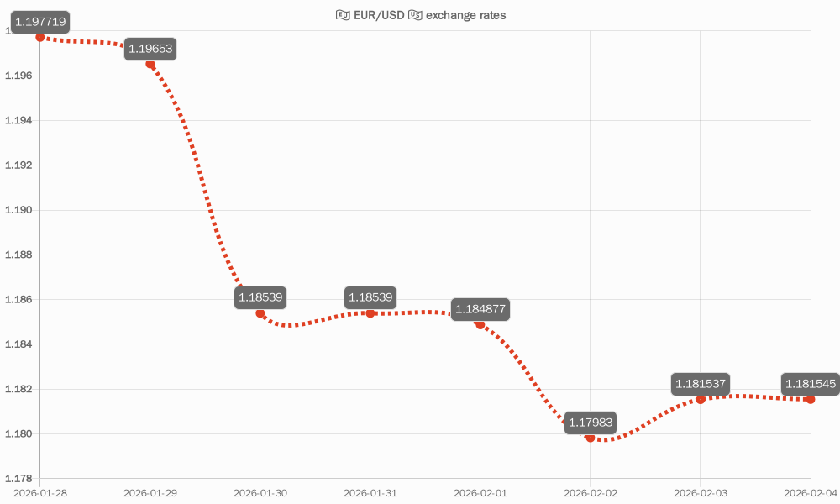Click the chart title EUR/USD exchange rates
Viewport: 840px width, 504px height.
[420, 15]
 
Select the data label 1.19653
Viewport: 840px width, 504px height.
[150, 49]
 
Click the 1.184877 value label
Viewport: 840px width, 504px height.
[480, 308]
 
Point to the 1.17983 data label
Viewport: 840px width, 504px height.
[591, 422]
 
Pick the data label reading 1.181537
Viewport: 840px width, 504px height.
[701, 384]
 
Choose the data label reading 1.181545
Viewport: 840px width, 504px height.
[811, 384]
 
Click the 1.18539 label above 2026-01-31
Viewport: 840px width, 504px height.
[370, 297]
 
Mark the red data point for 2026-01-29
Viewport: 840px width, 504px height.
[150, 64]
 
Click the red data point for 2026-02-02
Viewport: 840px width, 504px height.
[591, 438]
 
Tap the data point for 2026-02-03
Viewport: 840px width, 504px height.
[701, 399]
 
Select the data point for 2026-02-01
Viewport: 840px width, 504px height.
[480, 324]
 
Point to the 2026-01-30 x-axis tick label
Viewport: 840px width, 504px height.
[260, 493]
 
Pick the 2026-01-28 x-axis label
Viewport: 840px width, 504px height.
[40, 493]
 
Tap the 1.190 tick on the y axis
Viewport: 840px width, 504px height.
[19, 210]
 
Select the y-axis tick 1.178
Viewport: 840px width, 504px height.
[19, 479]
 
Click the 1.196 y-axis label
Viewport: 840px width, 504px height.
[19, 76]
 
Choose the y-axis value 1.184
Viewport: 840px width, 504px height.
[19, 344]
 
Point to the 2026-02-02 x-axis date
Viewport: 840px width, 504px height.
[591, 493]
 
